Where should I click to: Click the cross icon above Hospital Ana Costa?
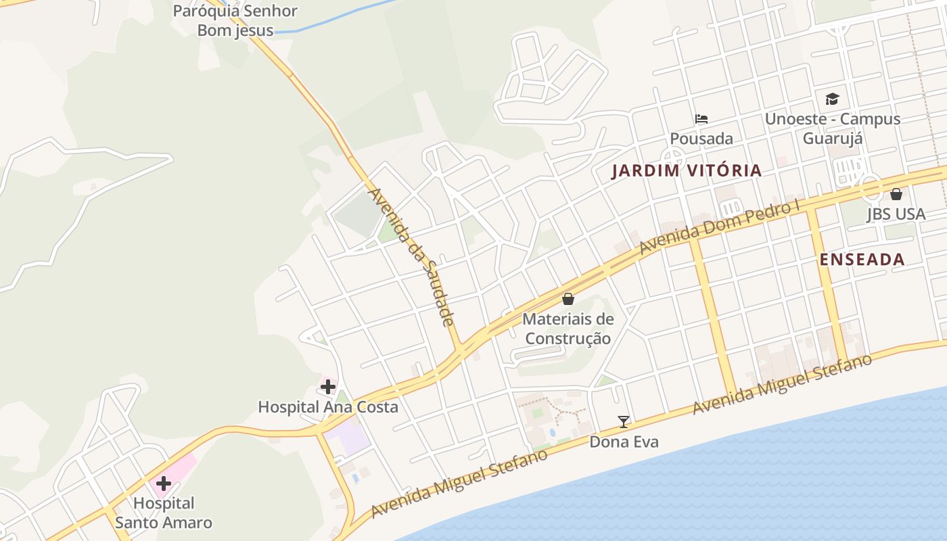pyautogui.click(x=328, y=387)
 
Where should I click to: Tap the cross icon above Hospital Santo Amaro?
pyautogui.click(x=164, y=484)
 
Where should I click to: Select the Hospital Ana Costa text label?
pyautogui.click(x=328, y=407)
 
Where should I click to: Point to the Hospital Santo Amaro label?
pyautogui.click(x=164, y=513)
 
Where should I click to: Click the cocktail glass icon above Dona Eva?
pyautogui.click(x=624, y=422)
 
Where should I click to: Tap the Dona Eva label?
pyautogui.click(x=624, y=442)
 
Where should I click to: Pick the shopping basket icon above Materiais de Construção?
pyautogui.click(x=568, y=299)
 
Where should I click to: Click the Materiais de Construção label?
pyautogui.click(x=568, y=329)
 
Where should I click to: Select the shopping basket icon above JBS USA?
pyautogui.click(x=896, y=194)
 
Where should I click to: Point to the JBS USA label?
pyautogui.click(x=896, y=214)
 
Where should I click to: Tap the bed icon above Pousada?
pyautogui.click(x=701, y=119)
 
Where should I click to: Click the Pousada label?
pyautogui.click(x=701, y=139)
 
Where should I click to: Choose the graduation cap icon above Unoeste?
pyautogui.click(x=832, y=99)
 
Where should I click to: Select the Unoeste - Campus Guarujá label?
pyautogui.click(x=832, y=128)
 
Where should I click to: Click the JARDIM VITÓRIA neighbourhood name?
pyautogui.click(x=687, y=170)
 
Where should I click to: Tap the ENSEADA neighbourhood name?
pyautogui.click(x=862, y=260)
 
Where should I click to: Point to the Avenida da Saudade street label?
pyautogui.click(x=411, y=257)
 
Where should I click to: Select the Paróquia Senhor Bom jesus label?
pyautogui.click(x=235, y=20)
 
